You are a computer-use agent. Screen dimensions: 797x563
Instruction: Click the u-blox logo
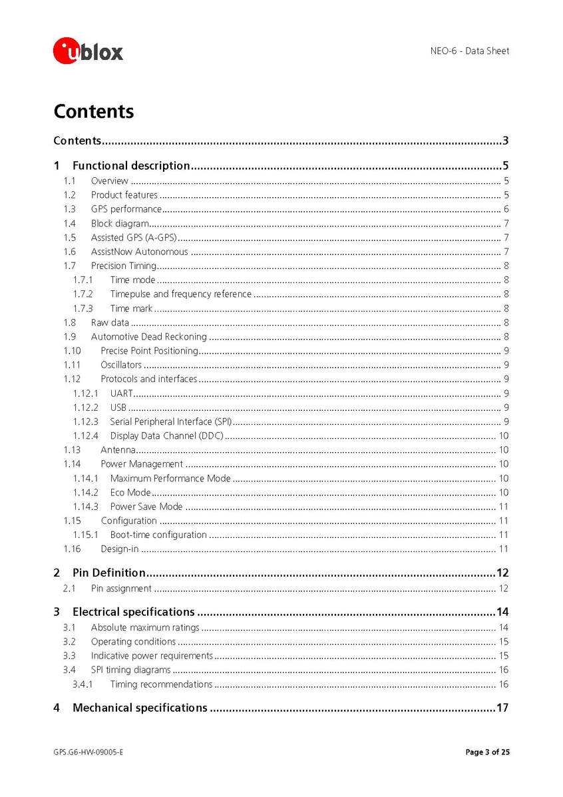click(88, 51)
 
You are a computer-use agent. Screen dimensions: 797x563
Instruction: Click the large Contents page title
click(94, 111)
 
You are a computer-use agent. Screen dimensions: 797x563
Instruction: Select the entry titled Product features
click(124, 195)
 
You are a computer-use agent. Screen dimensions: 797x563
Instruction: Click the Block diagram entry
click(120, 224)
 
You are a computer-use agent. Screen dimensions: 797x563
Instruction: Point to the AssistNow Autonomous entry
click(139, 252)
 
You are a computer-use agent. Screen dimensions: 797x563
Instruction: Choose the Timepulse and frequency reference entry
click(181, 294)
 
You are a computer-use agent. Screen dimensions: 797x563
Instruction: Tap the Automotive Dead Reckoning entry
click(149, 337)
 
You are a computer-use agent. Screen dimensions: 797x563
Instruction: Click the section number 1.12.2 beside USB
click(85, 407)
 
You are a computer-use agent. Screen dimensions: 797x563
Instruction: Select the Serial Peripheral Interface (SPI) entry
click(171, 421)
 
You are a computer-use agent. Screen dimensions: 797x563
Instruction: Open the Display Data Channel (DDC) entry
click(167, 436)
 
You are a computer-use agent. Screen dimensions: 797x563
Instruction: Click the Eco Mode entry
click(130, 493)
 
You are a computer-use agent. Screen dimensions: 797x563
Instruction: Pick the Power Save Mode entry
click(146, 507)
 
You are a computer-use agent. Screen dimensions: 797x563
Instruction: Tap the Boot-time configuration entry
click(158, 535)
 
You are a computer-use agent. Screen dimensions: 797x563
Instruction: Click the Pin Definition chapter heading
click(109, 573)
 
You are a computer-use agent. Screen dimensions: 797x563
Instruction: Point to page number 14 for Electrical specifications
click(502, 612)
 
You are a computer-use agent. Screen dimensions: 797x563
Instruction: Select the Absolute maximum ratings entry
click(145, 627)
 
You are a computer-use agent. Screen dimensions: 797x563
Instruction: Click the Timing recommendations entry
click(161, 684)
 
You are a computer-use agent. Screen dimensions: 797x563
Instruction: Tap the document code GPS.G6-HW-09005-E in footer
click(89, 752)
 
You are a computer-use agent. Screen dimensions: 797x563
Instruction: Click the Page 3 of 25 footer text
click(487, 752)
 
